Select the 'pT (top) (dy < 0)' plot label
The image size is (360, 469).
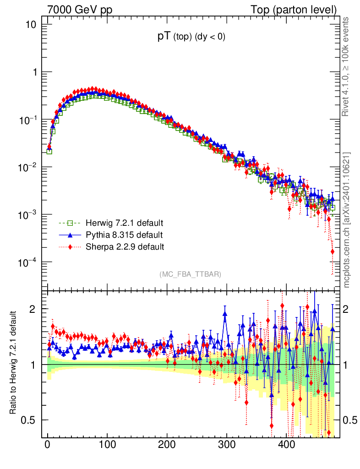pyautogui.click(x=191, y=38)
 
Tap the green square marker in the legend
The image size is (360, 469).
pyautogui.click(x=70, y=224)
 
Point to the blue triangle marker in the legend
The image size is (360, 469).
pyautogui.click(x=70, y=235)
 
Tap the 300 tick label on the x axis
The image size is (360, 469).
pyautogui.click(x=227, y=445)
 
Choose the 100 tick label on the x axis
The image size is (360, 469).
pyautogui.click(x=107, y=445)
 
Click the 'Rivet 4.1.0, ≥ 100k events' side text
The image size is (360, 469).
pyautogui.click(x=347, y=66)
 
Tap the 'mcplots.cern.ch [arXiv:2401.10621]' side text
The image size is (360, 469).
pyautogui.click(x=347, y=220)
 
